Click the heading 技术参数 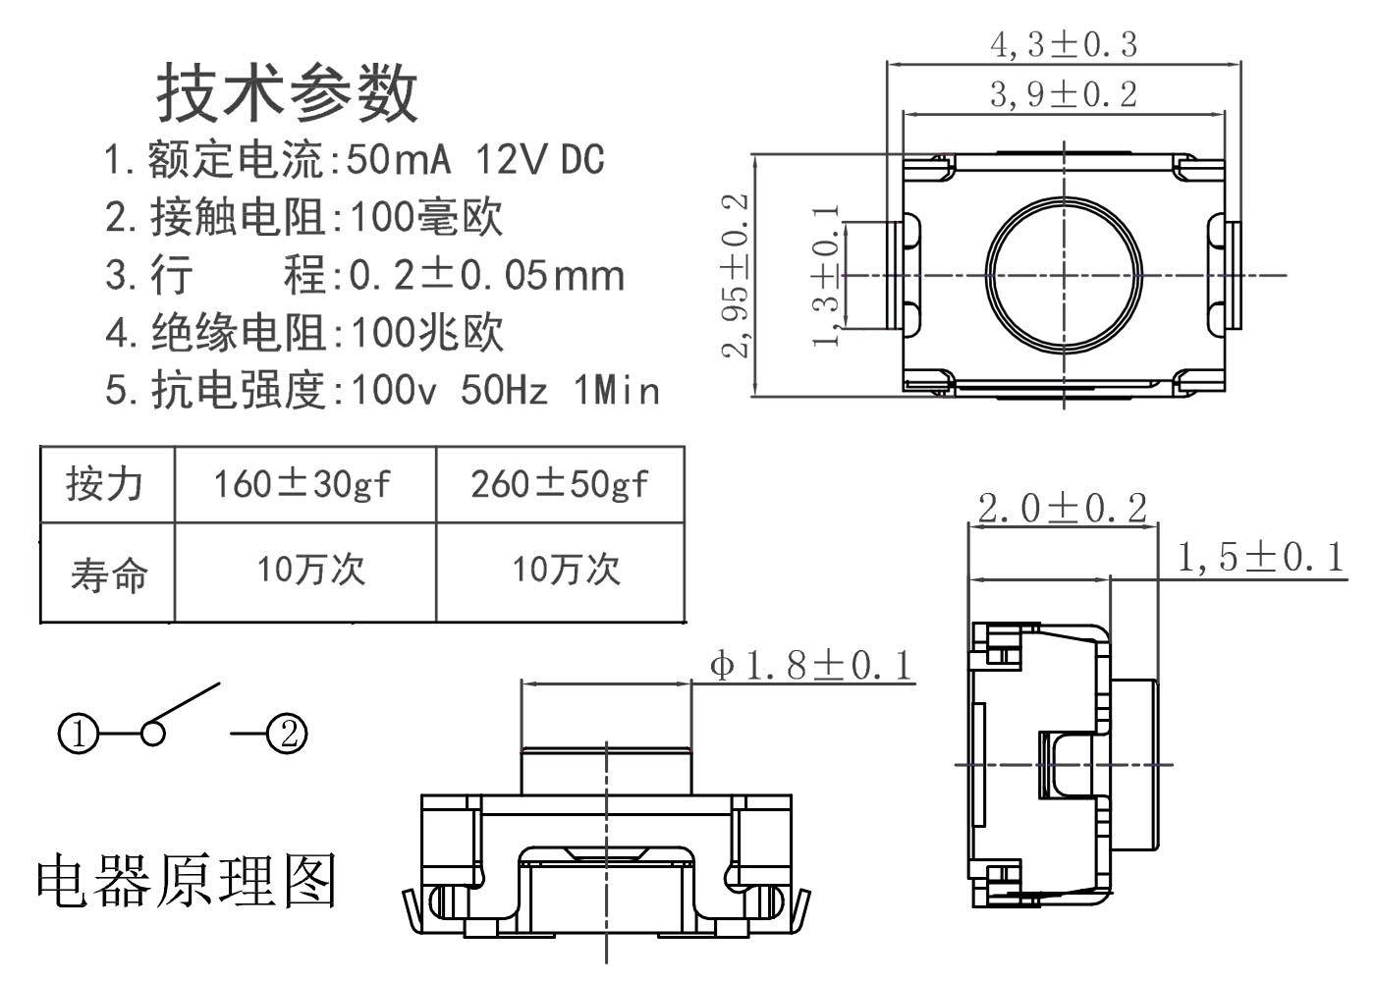(288, 93)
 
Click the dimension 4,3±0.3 (1064, 44)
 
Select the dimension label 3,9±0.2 (1064, 94)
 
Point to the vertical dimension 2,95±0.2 (736, 275)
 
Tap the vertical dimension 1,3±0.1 (827, 276)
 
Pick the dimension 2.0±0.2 (1063, 509)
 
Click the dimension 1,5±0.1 (1260, 558)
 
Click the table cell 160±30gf (302, 484)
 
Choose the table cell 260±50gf (560, 484)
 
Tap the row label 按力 (105, 484)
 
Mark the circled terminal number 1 (79, 734)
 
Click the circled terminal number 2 (288, 733)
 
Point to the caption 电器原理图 (187, 880)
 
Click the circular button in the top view (1065, 274)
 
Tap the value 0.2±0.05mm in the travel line (487, 276)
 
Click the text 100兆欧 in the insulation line (427, 333)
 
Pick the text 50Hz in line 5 (504, 391)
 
